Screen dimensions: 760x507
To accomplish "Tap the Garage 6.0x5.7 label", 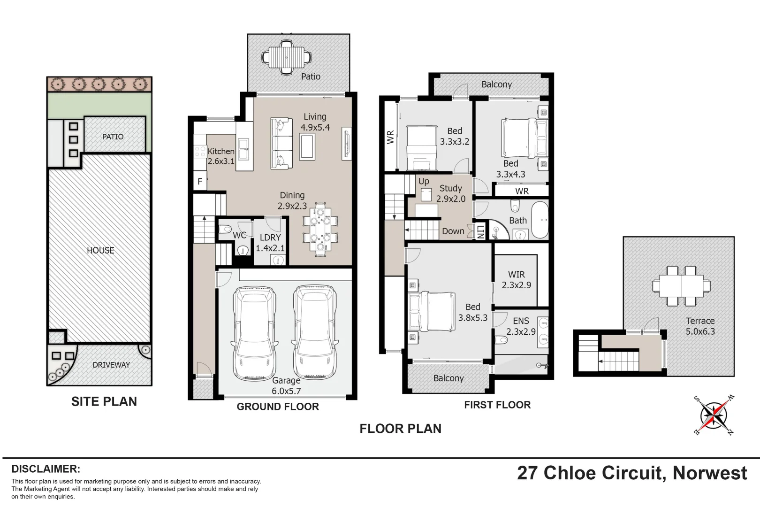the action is point(286,386).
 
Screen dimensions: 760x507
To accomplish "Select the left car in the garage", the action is point(254,333).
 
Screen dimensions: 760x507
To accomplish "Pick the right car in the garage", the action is point(315,333).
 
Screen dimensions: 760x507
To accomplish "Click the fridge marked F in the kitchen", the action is point(200,181).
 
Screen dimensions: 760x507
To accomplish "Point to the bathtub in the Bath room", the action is point(540,220).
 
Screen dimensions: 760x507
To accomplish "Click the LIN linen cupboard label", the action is point(481,230).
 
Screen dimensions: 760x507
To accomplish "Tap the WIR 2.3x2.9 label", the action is point(517,280).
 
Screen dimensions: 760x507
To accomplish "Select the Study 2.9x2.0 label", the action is point(450,193).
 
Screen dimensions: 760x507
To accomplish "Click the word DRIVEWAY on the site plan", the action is point(111,365).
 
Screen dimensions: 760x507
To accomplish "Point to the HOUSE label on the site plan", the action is point(100,251).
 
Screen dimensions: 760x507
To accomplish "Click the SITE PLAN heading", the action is point(104,401).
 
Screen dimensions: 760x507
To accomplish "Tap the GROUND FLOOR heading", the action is point(278,407).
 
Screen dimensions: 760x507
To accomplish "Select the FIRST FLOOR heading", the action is point(497,405).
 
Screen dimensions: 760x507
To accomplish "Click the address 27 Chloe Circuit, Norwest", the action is point(632,473).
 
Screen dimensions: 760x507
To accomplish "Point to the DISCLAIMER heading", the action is point(46,469).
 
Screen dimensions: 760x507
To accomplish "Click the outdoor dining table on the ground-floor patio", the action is point(286,57).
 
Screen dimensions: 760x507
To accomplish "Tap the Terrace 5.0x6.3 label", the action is point(700,326).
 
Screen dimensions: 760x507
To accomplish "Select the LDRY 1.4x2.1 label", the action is point(270,243).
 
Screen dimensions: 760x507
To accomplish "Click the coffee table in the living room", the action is point(307,146).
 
